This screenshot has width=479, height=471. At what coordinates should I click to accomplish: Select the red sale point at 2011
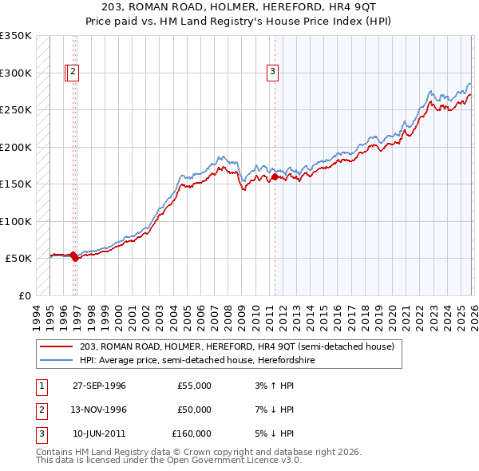(275, 177)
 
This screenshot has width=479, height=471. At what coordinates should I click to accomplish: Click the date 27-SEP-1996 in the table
(99, 386)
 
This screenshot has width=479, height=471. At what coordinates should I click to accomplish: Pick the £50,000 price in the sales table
(194, 410)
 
